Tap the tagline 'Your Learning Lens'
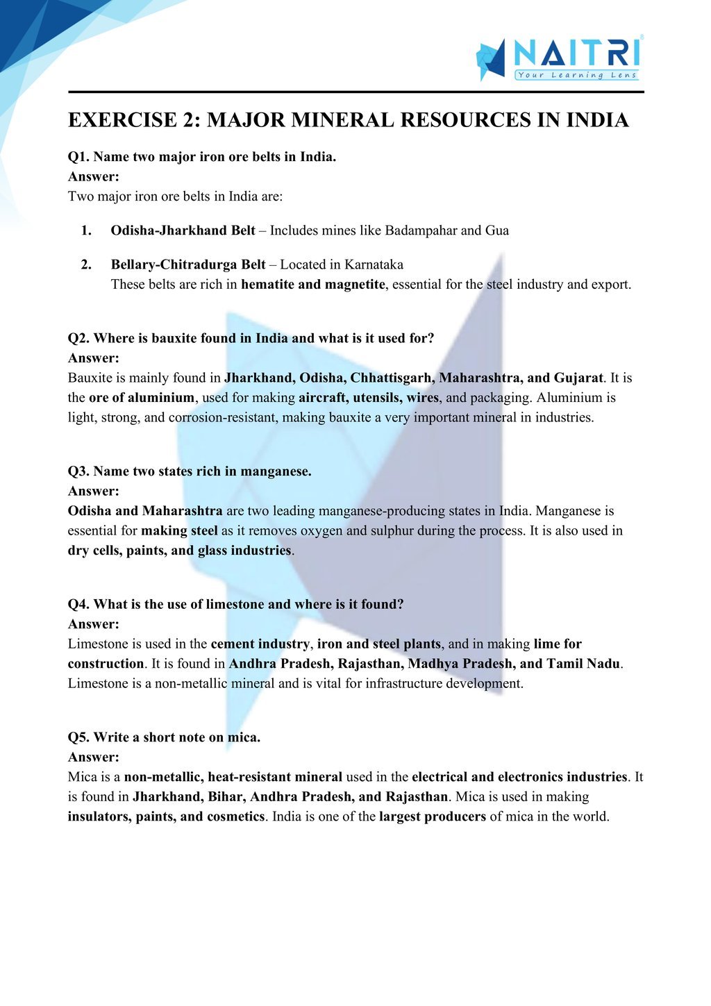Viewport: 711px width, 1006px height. pyautogui.click(x=576, y=75)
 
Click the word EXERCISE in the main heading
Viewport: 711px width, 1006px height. pyautogui.click(x=122, y=120)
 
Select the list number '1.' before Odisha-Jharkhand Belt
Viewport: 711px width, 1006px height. pyautogui.click(x=86, y=230)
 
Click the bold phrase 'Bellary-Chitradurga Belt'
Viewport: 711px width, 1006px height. pyautogui.click(x=187, y=265)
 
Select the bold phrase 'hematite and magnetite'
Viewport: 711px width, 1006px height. pyautogui.click(x=312, y=285)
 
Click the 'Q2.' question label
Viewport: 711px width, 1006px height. pyautogui.click(x=78, y=338)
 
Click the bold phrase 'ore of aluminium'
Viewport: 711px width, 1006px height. pyautogui.click(x=142, y=398)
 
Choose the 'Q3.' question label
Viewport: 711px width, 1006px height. pyautogui.click(x=78, y=471)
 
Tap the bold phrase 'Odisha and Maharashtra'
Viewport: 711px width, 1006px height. pyautogui.click(x=145, y=511)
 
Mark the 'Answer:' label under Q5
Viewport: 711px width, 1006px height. pyautogui.click(x=94, y=757)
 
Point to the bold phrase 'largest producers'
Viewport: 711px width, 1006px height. pyautogui.click(x=432, y=816)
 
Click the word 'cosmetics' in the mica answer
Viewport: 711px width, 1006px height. pyautogui.click(x=235, y=816)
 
